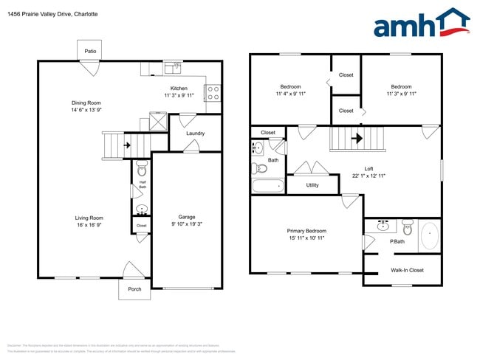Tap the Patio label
click(90, 51)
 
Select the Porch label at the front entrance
click(134, 288)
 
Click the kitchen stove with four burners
click(212, 94)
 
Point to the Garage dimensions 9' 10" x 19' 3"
click(186, 224)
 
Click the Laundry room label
click(195, 134)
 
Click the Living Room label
click(89, 218)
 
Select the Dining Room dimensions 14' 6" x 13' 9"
click(86, 110)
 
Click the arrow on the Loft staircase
click(358, 137)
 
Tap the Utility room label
click(312, 185)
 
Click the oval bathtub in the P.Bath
click(429, 237)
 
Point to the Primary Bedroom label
click(306, 231)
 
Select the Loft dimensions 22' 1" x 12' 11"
click(368, 176)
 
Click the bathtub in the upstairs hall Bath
click(267, 186)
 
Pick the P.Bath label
click(397, 241)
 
